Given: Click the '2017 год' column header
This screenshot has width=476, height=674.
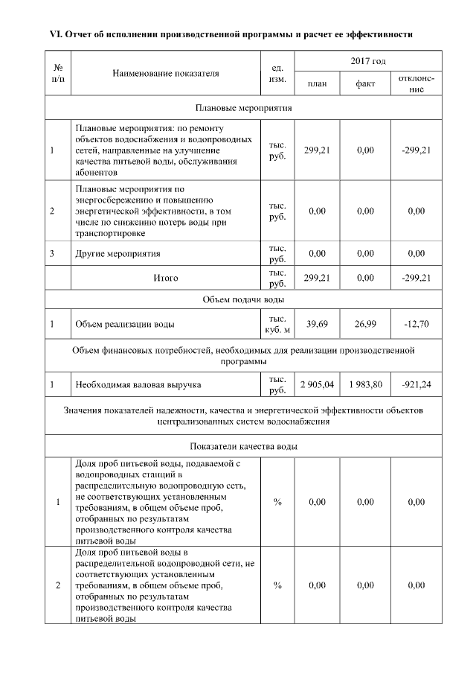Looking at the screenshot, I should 368,60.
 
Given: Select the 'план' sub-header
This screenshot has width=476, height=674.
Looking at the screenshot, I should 317,84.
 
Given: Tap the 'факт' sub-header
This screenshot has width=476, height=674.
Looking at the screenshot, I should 364,84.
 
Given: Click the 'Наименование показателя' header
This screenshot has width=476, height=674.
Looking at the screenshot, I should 166,73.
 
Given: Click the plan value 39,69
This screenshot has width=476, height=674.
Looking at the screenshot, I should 317,324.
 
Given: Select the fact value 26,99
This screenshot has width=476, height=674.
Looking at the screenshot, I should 364,324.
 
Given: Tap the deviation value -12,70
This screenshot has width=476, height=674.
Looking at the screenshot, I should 416,324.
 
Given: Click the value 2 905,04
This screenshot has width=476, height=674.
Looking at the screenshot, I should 317,384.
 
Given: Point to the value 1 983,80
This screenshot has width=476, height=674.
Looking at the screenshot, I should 364,384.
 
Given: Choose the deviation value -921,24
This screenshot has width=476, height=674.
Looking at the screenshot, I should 416,384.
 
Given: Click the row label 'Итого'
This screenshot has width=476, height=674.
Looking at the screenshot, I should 166,278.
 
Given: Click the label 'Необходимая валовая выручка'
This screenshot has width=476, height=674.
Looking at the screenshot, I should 138,384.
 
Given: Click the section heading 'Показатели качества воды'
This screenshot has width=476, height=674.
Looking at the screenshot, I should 244,447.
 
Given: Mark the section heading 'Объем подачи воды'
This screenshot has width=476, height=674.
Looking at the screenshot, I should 244,299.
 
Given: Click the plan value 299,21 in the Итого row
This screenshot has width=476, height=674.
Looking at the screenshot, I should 317,278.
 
